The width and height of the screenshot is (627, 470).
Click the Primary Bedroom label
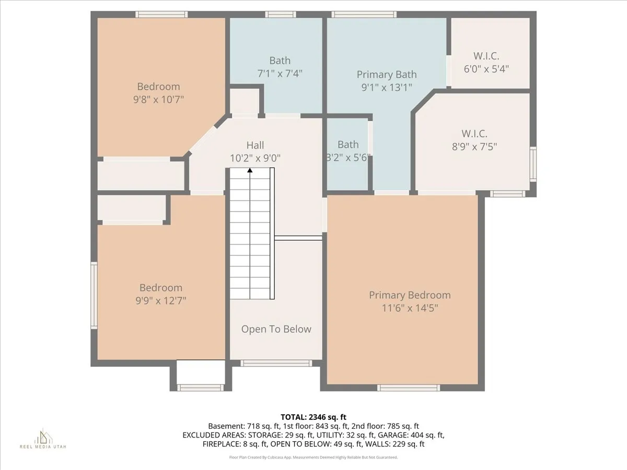[x=410, y=295]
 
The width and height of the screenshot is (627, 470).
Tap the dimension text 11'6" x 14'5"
[x=410, y=308]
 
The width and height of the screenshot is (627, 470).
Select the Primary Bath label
[x=387, y=74]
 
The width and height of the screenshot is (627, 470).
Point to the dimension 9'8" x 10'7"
[x=158, y=99]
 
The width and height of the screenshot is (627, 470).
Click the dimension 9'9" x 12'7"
[x=161, y=300]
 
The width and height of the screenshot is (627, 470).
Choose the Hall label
[x=255, y=145]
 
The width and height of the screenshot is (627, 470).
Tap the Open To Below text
[x=276, y=329]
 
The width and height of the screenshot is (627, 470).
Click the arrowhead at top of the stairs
[x=250, y=170]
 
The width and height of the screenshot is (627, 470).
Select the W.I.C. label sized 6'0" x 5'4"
[x=486, y=55]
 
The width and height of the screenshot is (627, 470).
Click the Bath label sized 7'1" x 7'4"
[x=280, y=61]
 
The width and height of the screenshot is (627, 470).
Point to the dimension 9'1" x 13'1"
[x=387, y=88]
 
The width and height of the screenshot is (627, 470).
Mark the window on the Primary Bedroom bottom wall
[x=409, y=387]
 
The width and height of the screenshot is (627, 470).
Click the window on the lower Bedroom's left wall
[x=94, y=295]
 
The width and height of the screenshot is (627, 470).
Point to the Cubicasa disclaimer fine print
[x=313, y=457]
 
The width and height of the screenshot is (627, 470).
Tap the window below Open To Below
[x=275, y=363]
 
